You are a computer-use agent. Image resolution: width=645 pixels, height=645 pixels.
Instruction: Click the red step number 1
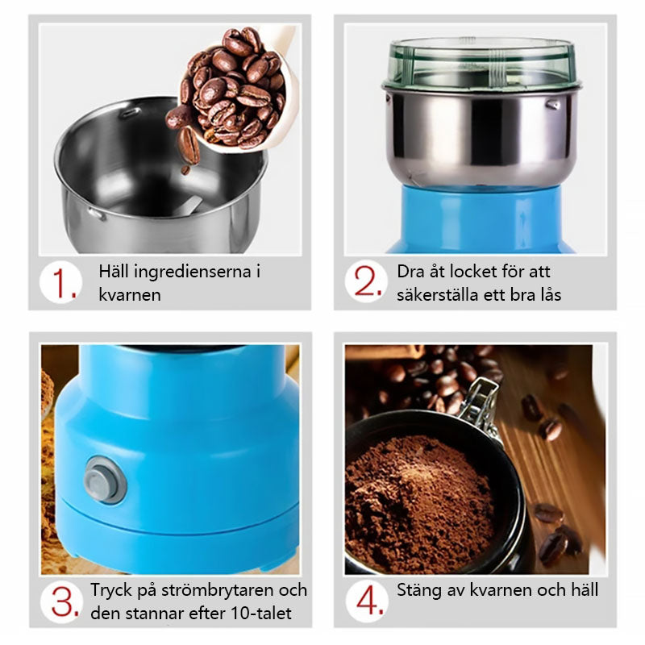[x=63, y=284]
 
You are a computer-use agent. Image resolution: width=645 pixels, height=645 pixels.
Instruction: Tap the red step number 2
[x=368, y=281]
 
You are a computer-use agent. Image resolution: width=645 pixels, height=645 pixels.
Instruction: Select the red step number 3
[x=64, y=601]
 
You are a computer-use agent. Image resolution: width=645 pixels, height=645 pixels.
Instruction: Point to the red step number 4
[x=369, y=600]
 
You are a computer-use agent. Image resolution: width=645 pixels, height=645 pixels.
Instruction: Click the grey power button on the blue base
[x=105, y=480]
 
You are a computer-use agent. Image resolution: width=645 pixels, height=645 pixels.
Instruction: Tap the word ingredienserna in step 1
[x=193, y=273]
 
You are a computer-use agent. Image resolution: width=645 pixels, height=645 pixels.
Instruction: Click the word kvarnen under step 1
[x=130, y=295]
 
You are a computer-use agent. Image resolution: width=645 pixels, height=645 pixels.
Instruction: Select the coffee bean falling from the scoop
[x=189, y=146]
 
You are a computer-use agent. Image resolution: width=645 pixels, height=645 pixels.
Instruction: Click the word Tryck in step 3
[x=110, y=591]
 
